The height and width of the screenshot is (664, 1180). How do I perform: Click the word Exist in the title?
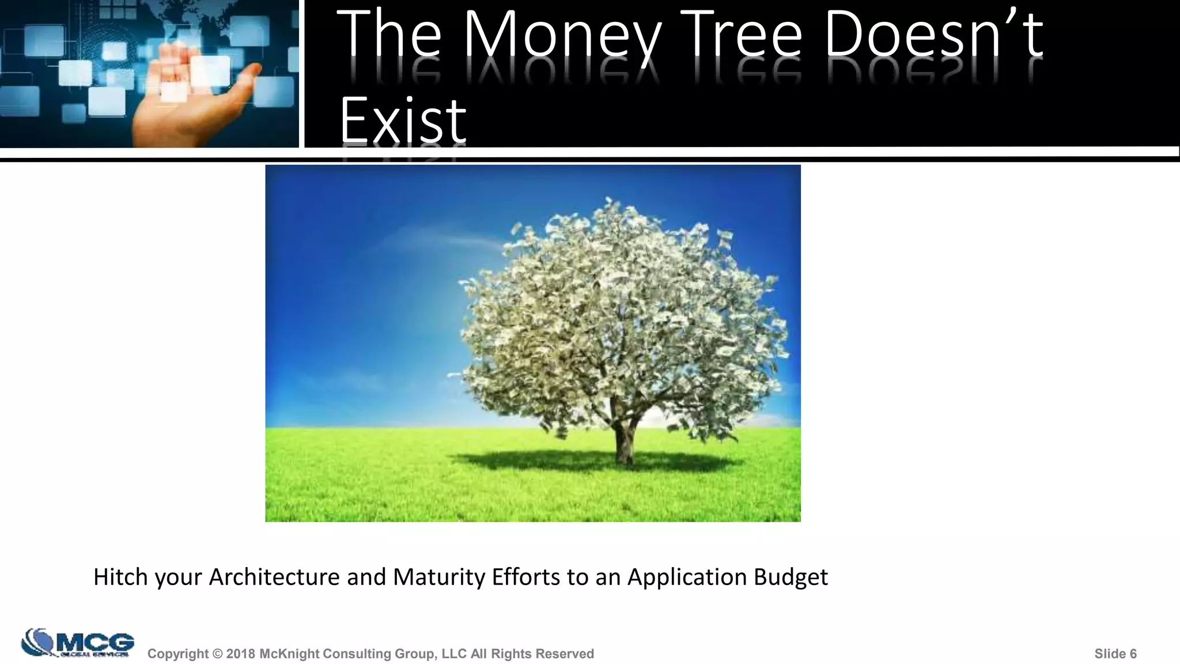pos(402,121)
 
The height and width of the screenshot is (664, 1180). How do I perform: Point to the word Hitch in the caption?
pos(120,577)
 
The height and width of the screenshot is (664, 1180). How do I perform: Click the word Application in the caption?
pos(687,577)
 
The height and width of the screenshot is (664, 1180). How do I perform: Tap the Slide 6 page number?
pos(1115,654)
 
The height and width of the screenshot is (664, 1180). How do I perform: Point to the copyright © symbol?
pos(217,654)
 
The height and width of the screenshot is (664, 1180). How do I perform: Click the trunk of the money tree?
pos(623,441)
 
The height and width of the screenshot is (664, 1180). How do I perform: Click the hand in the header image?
pos(190,98)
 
